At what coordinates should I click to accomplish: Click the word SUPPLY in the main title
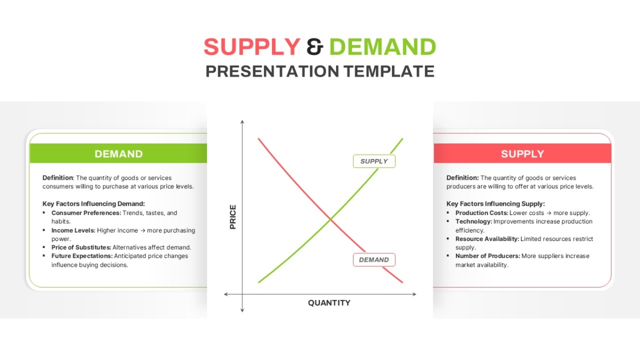pos(252,46)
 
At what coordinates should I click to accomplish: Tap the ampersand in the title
pos(315,46)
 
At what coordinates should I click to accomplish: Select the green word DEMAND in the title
pos(383,46)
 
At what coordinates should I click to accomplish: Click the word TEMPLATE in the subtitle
pos(389,71)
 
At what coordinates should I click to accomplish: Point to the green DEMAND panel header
pos(118,154)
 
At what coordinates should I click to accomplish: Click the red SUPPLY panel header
pos(523,154)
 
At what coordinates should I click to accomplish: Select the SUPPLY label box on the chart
pos(374,162)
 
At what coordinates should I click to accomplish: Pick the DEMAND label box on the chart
pos(374,260)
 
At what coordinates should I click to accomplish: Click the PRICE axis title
pos(233,217)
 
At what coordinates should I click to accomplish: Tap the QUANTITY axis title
pos(329,303)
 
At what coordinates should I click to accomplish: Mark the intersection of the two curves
pos(331,219)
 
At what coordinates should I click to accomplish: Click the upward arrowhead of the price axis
pos(242,122)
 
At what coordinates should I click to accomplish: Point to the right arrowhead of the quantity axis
pos(414,294)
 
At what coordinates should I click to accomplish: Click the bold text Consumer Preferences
pos(86,213)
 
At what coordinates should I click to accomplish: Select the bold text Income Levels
pos(73,230)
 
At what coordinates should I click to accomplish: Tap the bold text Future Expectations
pos(82,256)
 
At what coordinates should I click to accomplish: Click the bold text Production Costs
pos(482,213)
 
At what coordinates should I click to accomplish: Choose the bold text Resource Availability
pos(487,239)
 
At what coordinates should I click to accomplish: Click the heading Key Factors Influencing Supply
pos(495,204)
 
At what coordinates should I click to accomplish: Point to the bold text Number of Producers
pos(487,256)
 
